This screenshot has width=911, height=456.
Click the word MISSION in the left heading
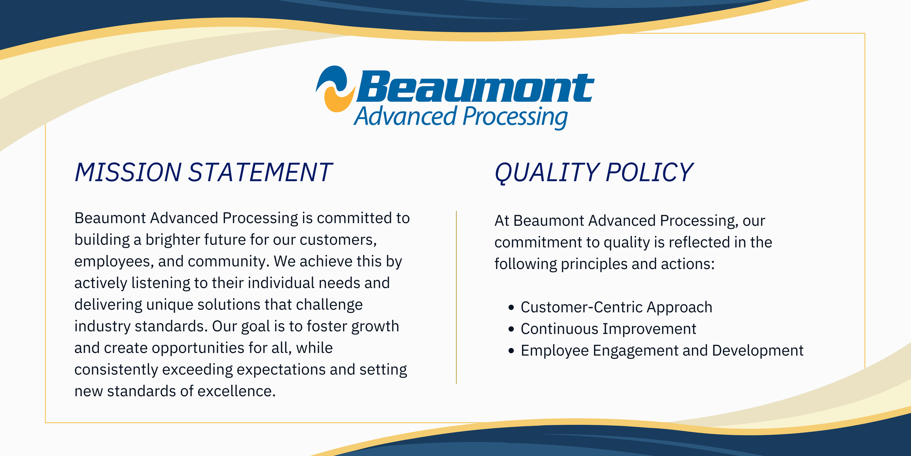(x=128, y=172)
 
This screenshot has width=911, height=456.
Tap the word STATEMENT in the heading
(x=260, y=172)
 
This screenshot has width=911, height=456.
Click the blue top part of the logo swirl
(x=333, y=78)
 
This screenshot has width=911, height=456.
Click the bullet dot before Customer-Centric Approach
(x=511, y=308)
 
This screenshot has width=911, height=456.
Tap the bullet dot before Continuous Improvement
(x=511, y=329)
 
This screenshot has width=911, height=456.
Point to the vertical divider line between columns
(x=456, y=297)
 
